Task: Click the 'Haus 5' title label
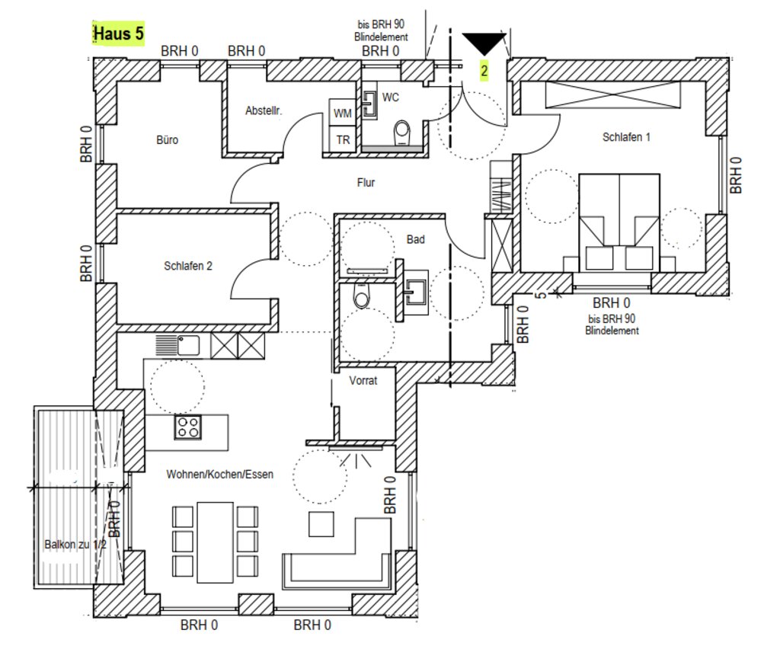pyautogui.click(x=118, y=34)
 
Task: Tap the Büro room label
pyautogui.click(x=167, y=140)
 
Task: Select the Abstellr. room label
pyautogui.click(x=263, y=110)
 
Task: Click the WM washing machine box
pyautogui.click(x=342, y=113)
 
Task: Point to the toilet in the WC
pyautogui.click(x=401, y=133)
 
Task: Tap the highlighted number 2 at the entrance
pyautogui.click(x=484, y=71)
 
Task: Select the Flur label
pyautogui.click(x=366, y=183)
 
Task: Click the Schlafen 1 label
pyautogui.click(x=626, y=137)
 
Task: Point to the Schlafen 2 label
pyautogui.click(x=188, y=266)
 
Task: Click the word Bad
pyautogui.click(x=415, y=239)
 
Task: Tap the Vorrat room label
pyautogui.click(x=363, y=381)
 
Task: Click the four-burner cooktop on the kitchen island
pyautogui.click(x=188, y=427)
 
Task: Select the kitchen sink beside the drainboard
pyautogui.click(x=189, y=345)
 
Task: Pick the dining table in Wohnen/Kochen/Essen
pyautogui.click(x=215, y=542)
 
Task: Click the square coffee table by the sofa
pyautogui.click(x=321, y=524)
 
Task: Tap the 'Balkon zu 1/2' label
pyautogui.click(x=75, y=545)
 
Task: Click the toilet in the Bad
pyautogui.click(x=362, y=296)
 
